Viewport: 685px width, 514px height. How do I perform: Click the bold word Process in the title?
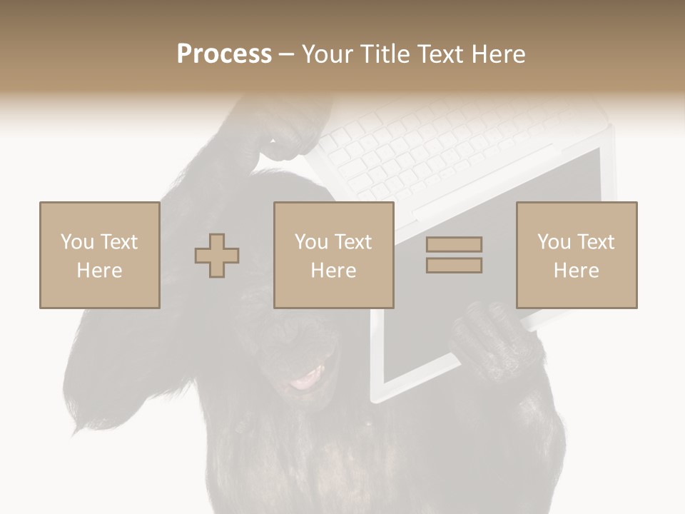click(x=224, y=54)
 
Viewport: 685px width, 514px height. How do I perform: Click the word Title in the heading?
click(x=386, y=54)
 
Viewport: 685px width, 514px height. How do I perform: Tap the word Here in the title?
click(x=498, y=54)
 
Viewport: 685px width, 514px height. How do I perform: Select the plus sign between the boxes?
click(x=217, y=255)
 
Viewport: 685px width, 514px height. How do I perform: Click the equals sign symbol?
click(x=454, y=255)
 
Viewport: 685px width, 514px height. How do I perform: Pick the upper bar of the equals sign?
click(x=454, y=245)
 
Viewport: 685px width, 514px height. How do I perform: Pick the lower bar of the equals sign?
click(x=454, y=265)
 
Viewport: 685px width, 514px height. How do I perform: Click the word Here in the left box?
click(x=99, y=271)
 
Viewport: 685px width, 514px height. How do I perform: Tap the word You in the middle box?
click(x=311, y=242)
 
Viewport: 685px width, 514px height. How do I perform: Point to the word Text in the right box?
click(x=597, y=242)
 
